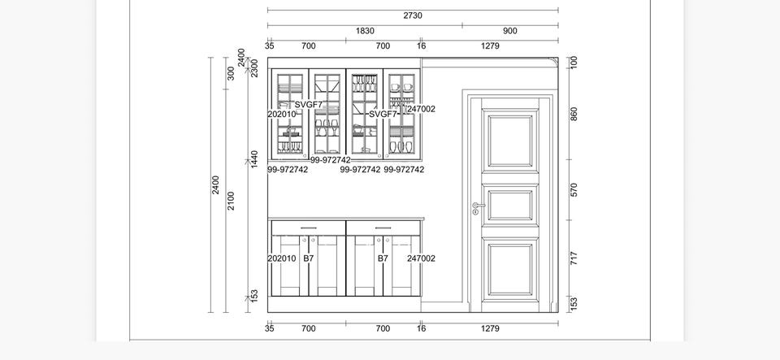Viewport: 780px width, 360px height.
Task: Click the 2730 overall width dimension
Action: (413, 15)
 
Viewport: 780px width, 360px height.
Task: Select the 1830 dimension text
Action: (365, 31)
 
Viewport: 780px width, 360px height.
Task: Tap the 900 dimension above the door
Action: (510, 31)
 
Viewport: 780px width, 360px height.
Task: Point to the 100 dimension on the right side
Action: (574, 63)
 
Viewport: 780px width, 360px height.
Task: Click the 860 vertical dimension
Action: (574, 114)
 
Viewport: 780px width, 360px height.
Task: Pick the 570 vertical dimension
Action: (574, 190)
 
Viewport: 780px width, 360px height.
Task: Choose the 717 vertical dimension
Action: (574, 258)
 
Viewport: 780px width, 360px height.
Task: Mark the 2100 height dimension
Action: (231, 201)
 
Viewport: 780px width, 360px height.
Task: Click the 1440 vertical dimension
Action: (254, 159)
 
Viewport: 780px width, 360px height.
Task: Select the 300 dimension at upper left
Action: (231, 73)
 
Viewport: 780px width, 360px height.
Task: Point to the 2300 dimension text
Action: (254, 68)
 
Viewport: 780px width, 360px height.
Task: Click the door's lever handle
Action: (478, 205)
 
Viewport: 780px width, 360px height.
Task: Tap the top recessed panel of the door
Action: (510, 141)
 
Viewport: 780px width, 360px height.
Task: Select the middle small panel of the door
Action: (510, 206)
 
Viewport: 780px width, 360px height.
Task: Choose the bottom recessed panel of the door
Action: (510, 269)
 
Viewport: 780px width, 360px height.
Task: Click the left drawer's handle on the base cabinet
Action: (309, 228)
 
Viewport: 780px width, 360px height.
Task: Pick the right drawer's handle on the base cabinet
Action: (383, 228)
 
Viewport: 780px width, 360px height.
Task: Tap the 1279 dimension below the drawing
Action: (490, 328)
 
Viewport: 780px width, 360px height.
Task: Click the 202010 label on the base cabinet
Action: (282, 258)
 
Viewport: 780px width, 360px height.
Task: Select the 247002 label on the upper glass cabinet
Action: (422, 109)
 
